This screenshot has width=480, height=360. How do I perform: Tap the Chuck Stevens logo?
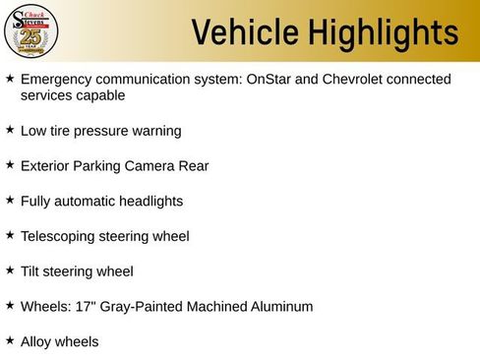click(32, 31)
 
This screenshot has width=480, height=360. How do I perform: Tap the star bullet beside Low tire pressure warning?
click(10, 129)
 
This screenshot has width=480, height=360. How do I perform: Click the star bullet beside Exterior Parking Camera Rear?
click(10, 164)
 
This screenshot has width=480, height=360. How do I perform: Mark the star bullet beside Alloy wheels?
click(10, 340)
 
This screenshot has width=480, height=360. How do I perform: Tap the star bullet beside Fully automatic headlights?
click(10, 200)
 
